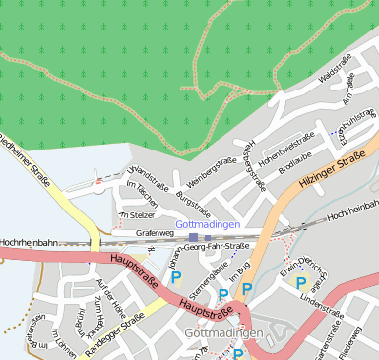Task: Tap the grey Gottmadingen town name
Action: point(223,334)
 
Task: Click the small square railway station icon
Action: point(194,237)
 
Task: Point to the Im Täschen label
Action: point(143,190)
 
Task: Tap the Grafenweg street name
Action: point(154,233)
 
